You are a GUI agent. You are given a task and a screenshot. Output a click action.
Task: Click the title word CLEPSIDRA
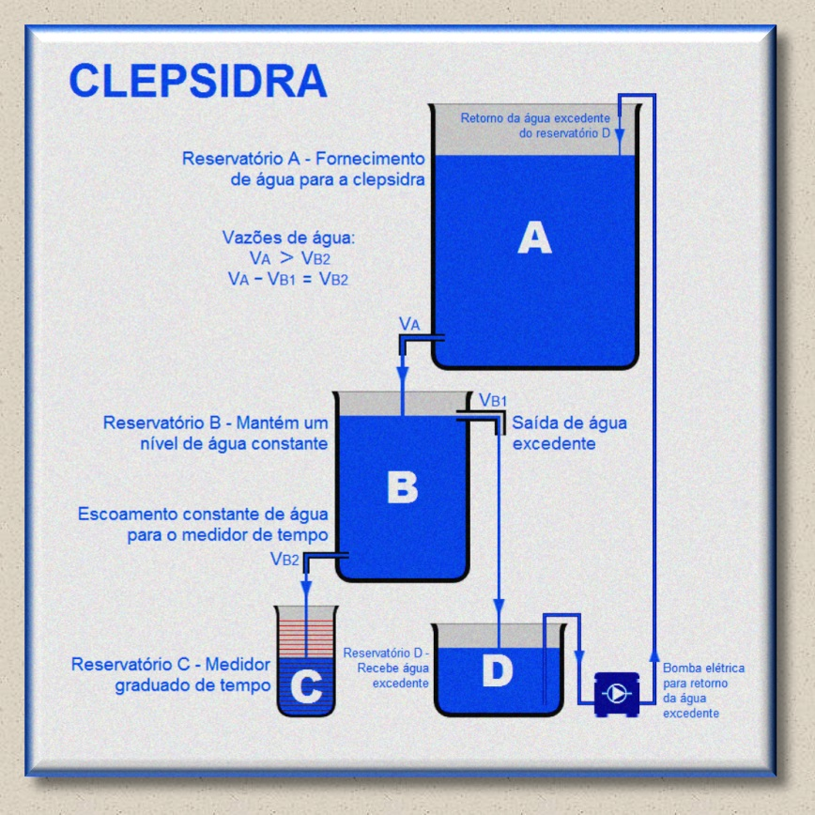(x=197, y=81)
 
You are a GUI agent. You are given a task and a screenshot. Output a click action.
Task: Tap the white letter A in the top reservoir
(x=534, y=238)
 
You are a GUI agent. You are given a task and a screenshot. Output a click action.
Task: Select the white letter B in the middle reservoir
(x=402, y=487)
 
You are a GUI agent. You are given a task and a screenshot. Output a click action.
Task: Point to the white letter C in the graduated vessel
(x=305, y=687)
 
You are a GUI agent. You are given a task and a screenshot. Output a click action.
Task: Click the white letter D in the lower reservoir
(x=497, y=670)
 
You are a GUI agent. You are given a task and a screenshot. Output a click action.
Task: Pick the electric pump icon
(x=617, y=694)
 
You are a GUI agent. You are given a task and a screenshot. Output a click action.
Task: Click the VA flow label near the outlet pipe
(x=409, y=324)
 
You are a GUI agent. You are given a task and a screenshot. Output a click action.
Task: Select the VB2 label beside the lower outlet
(x=285, y=560)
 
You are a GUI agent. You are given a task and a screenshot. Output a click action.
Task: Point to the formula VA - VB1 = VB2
(x=287, y=279)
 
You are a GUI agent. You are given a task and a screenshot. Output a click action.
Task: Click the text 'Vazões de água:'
(x=287, y=238)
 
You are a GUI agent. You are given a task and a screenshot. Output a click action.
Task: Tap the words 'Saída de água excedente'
(x=569, y=433)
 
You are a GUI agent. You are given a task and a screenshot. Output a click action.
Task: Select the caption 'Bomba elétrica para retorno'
(x=703, y=676)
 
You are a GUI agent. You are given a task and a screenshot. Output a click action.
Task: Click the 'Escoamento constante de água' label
(x=203, y=514)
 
